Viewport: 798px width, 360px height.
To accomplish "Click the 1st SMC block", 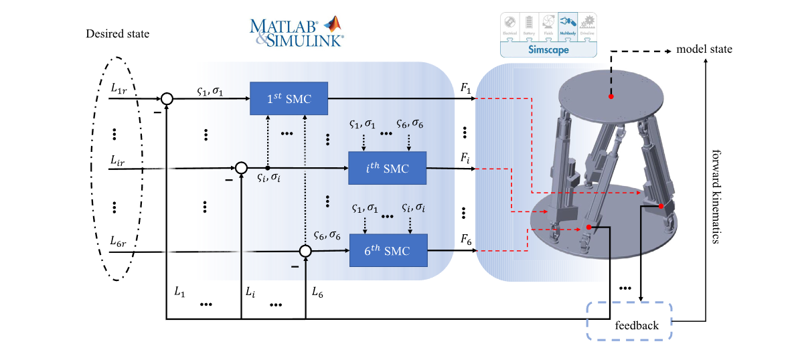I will tap(289, 98).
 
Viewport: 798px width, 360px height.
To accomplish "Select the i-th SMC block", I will tap(388, 168).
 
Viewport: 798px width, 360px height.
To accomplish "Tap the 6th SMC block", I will tap(388, 251).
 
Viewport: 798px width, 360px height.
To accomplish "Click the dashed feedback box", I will tap(629, 322).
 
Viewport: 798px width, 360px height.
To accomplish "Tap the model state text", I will tap(704, 50).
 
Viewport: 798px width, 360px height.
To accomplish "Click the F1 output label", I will tap(467, 88).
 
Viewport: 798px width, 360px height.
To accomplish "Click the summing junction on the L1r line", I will tap(167, 99).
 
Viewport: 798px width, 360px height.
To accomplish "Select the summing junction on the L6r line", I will tap(305, 251).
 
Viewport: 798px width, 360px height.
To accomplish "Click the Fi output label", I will tap(466, 158).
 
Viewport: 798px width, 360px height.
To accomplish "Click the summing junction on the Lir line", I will tap(240, 168).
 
